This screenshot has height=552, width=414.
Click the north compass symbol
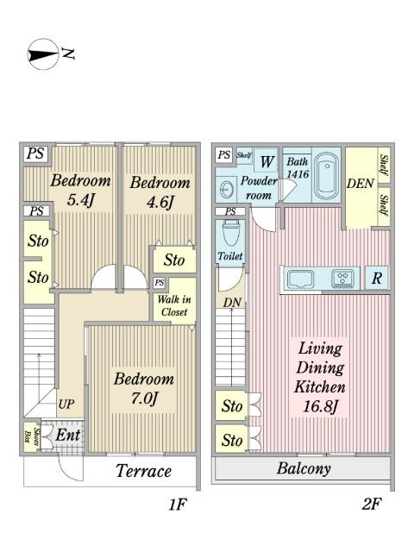pos(43,54)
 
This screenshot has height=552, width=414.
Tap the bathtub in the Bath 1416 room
pos(327,176)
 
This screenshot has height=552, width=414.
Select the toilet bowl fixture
pos(231,234)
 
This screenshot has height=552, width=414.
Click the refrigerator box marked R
pos(377,278)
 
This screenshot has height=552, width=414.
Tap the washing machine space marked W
pos(267,161)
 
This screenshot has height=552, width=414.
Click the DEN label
pos(360,184)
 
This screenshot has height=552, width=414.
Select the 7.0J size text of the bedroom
pos(144,398)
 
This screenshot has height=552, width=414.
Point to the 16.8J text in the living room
pos(320,406)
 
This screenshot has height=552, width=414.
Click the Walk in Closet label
pos(174,305)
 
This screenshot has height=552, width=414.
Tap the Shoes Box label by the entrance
pos(33,436)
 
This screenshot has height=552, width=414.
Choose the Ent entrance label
pos(68,435)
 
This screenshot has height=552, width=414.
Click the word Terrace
pos(144,471)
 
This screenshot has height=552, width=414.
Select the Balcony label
pos(304,468)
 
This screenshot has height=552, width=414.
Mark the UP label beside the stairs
pos(66,405)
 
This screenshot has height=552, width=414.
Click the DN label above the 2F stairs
pos(232,303)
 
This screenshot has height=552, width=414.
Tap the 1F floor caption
pos(177,505)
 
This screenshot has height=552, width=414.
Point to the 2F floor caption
pos(372,504)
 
